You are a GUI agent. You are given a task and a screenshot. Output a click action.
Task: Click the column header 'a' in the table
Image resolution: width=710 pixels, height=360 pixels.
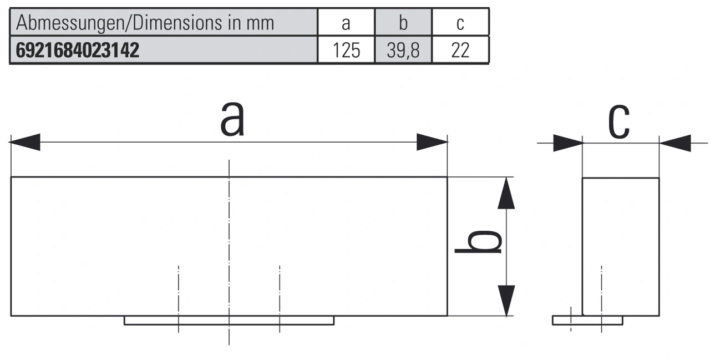pos(346,23)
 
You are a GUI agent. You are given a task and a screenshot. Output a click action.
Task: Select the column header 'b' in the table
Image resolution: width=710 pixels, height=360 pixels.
pos(403,23)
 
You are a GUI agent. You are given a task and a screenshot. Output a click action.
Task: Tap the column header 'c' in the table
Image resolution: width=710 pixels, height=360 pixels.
pos(460,23)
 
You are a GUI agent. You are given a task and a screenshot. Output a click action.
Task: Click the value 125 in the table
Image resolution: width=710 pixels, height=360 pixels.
pos(346,50)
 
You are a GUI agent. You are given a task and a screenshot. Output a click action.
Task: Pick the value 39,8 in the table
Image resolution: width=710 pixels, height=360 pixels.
pos(403,50)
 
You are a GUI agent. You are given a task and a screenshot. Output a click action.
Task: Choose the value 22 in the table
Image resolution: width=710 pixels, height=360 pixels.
pos(460,50)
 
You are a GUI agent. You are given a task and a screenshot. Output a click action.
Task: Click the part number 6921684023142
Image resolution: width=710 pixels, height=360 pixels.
pos(78,50)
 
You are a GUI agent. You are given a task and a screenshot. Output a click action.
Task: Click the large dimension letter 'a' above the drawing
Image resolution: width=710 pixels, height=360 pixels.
pos(232,119)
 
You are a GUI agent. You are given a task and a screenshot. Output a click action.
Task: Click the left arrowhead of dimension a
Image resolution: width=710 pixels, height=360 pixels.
pos(25,143)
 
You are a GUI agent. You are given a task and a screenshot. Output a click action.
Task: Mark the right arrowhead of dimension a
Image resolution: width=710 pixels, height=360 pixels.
pos(433,143)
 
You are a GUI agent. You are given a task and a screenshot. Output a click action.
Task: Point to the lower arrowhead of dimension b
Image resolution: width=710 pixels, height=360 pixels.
pos(506,301)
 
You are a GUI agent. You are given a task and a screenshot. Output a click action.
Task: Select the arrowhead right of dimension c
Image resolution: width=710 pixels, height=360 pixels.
pos(674,143)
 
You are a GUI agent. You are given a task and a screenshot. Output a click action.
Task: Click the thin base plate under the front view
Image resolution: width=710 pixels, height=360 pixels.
pos(229,321)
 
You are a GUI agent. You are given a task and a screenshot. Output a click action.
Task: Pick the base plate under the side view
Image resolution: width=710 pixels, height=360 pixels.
pos(587,321)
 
